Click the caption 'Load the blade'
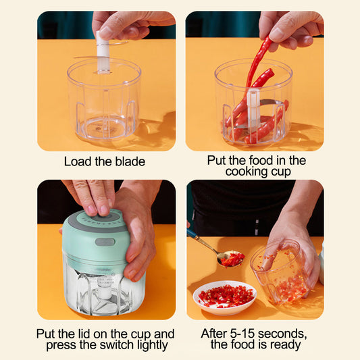point(105,161)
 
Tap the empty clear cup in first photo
point(104,101)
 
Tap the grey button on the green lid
point(104,242)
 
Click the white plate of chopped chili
point(224,297)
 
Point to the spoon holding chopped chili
point(226,257)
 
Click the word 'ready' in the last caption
point(288,345)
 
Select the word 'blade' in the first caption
point(130,161)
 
